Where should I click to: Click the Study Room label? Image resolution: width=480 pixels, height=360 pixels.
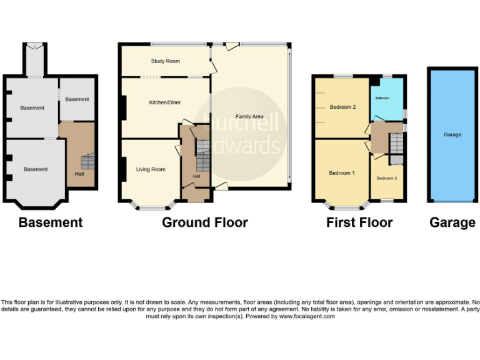165,61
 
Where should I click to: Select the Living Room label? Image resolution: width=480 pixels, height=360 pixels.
151,169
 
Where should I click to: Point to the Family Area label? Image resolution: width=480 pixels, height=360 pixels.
249,117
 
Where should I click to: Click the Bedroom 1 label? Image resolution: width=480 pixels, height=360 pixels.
342,172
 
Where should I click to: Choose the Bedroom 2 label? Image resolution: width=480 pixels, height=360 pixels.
342,107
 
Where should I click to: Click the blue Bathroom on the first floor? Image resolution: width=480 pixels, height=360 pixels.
386,100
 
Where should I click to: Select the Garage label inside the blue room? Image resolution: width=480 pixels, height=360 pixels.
452,134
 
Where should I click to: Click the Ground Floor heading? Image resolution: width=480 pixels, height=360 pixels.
205,222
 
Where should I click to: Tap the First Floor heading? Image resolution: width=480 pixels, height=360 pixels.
359,222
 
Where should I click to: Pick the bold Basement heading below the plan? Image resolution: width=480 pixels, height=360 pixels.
50,222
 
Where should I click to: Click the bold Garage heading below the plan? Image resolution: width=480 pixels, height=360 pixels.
452,222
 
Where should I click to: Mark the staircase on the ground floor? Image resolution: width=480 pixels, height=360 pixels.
202,156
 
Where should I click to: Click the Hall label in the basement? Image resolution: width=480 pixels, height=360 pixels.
79,174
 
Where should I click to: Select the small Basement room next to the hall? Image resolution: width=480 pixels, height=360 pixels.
77,99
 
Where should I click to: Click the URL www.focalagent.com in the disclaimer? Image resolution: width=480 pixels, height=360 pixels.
306,316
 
